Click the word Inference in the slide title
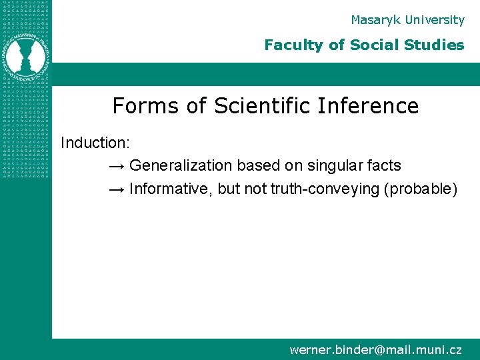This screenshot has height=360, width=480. click(x=370, y=105)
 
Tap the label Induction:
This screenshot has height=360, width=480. click(x=95, y=143)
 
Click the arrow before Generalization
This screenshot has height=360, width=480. click(x=116, y=166)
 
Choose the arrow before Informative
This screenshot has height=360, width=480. click(x=116, y=189)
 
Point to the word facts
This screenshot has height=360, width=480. click(x=384, y=165)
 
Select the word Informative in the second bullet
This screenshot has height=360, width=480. click(x=169, y=189)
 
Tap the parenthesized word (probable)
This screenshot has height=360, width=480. click(x=421, y=189)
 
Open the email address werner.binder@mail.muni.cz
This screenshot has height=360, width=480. click(x=375, y=349)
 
